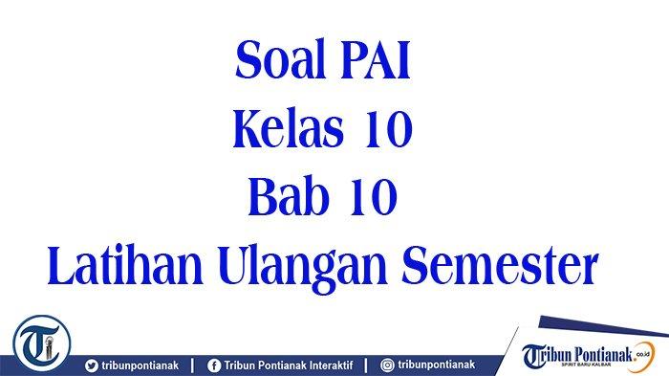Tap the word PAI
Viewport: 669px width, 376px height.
click(376, 60)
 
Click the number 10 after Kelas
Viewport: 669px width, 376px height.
click(388, 128)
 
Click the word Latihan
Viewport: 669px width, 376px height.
click(125, 265)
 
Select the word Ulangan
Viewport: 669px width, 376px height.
click(303, 268)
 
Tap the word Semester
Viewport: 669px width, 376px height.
click(500, 266)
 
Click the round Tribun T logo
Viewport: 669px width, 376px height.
click(41, 343)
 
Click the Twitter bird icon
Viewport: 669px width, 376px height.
click(92, 365)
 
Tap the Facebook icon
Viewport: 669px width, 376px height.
click(214, 365)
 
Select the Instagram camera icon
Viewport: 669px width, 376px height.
click(387, 365)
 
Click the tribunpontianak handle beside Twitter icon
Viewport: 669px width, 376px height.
click(140, 365)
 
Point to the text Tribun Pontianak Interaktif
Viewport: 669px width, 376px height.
click(289, 365)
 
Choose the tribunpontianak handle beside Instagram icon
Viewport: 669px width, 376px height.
click(437, 365)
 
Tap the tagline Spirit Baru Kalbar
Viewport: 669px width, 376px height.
click(586, 365)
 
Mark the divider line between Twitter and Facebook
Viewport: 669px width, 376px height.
click(192, 365)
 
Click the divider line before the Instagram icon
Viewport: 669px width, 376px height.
click(366, 365)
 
